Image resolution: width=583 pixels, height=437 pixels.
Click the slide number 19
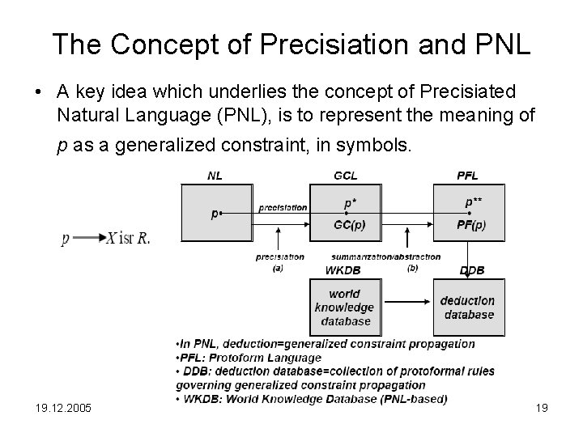click(x=542, y=408)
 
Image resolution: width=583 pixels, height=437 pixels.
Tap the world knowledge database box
click(x=344, y=307)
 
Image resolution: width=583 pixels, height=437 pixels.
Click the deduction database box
click(x=466, y=308)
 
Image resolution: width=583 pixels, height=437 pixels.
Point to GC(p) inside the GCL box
click(x=349, y=225)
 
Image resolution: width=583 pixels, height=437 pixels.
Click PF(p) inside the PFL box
click(x=471, y=225)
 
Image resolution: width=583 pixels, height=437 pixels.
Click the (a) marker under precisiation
click(x=279, y=267)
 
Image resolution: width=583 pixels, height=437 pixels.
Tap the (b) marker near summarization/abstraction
click(x=413, y=267)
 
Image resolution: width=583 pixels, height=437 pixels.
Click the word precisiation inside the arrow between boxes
click(x=283, y=207)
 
